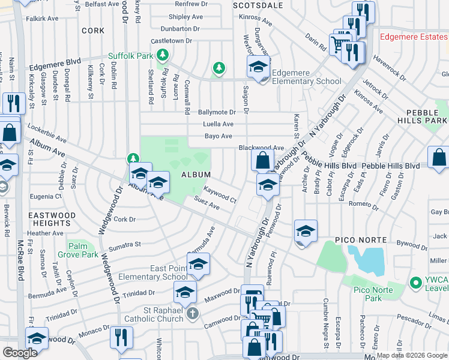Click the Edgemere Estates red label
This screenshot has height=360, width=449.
[414, 36]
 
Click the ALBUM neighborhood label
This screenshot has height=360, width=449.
[196, 175]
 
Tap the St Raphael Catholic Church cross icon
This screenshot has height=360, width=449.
[192, 314]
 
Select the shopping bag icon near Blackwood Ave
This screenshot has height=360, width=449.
[262, 160]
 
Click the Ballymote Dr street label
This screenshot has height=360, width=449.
[217, 112]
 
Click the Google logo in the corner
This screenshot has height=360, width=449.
[20, 353]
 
